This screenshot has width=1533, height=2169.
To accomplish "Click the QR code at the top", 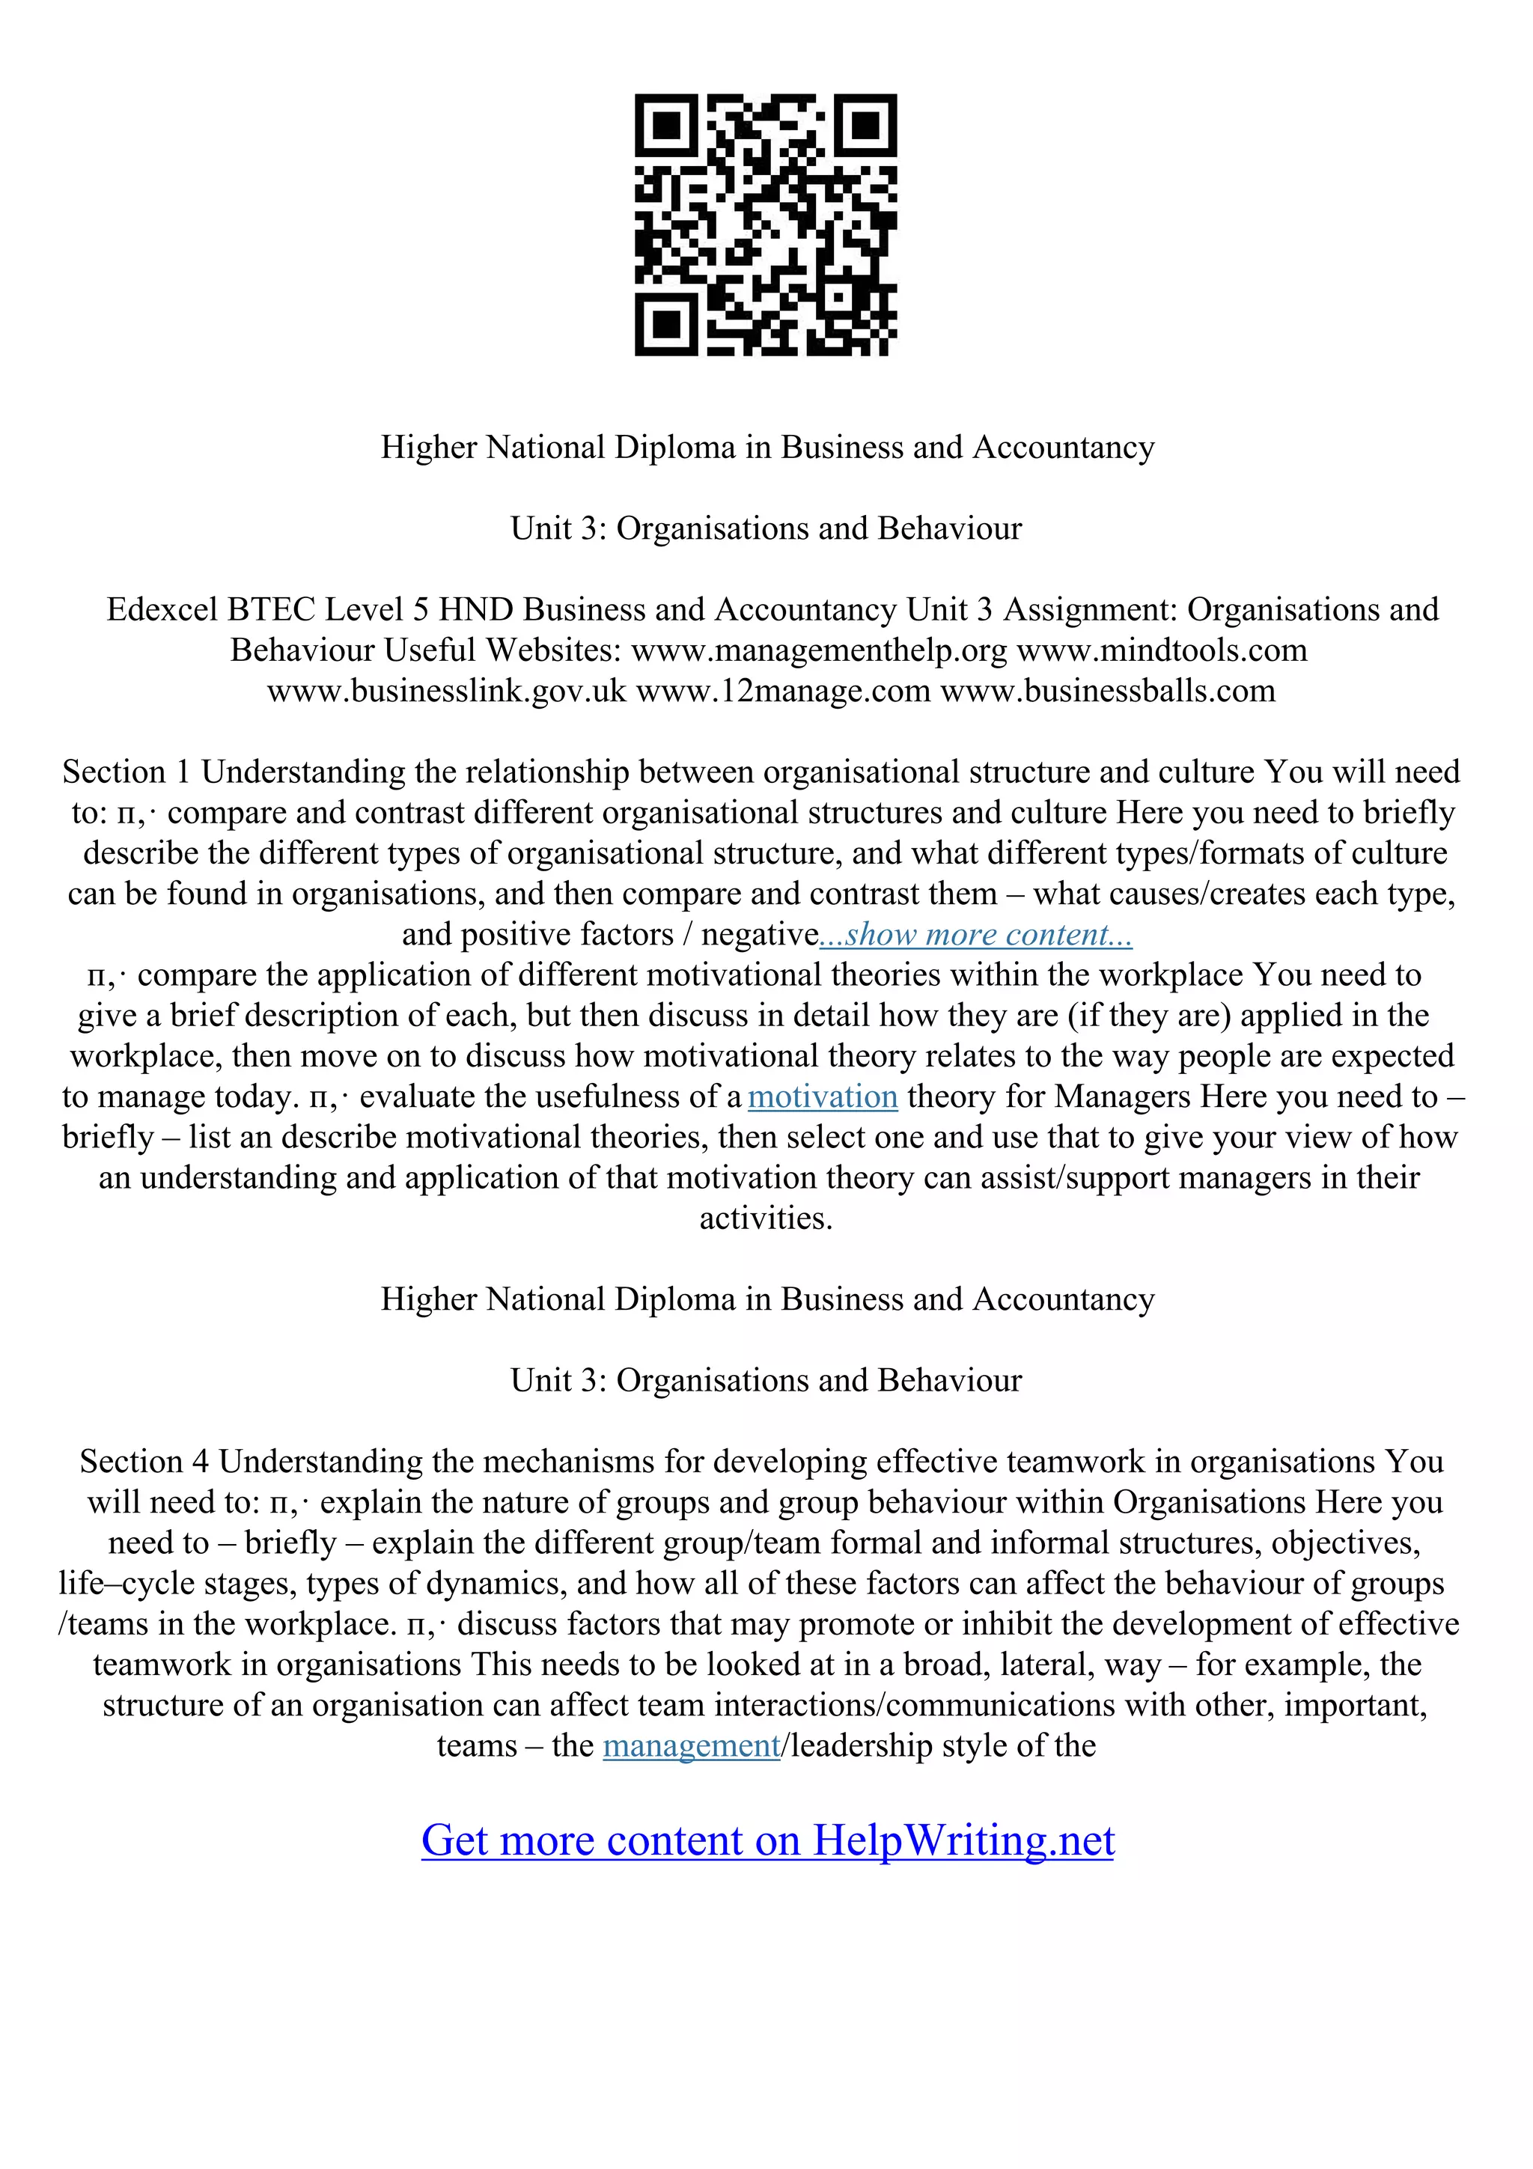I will (x=766, y=225).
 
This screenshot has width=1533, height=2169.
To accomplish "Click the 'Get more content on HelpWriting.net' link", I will (x=767, y=1838).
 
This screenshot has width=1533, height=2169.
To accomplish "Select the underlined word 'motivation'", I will (x=822, y=1096).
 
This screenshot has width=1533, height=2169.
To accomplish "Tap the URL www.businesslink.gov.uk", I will (x=447, y=692).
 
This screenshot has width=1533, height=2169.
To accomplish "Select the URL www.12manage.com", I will (x=783, y=692).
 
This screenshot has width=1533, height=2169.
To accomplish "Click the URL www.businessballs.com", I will (x=1108, y=692).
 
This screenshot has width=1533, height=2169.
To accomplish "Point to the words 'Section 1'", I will (x=127, y=772).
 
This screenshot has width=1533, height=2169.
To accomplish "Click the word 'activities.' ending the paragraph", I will (x=766, y=1218).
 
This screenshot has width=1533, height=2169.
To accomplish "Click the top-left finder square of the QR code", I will (x=667, y=126).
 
